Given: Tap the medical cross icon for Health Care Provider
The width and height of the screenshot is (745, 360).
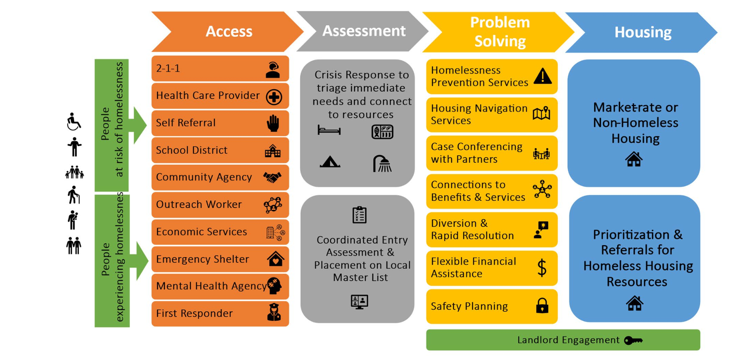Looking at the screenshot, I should point(274,97).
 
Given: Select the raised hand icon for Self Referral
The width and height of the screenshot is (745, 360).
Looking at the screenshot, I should point(273,123).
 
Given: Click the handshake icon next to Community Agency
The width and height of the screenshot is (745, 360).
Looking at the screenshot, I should point(272,177).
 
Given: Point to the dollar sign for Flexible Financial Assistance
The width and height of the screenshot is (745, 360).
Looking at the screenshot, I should point(542,268).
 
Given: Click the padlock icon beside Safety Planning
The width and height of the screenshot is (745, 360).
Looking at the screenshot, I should point(542,306).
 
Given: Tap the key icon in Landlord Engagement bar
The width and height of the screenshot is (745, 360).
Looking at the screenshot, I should point(633,340).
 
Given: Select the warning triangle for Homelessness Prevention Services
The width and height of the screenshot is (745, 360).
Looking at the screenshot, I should point(543,76).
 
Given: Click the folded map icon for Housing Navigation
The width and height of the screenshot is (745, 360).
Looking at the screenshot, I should point(542,114).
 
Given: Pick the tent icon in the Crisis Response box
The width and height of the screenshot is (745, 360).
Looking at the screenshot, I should point(330,162).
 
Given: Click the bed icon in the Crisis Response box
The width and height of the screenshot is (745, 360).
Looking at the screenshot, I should point(329,130).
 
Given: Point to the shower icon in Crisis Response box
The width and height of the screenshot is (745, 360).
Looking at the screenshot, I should point(382,164).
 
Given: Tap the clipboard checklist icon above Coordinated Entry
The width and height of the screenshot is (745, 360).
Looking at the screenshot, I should point(359,215).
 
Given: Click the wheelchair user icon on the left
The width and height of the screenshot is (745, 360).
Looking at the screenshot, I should point(74,122).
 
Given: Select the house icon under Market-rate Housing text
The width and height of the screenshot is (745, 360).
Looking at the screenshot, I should point(634,159).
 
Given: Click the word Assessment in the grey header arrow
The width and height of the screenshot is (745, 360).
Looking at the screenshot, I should point(364,31).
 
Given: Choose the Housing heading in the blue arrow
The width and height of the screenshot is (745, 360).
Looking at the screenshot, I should point(643,32).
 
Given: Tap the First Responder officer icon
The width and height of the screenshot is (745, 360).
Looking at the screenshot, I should point(274,312).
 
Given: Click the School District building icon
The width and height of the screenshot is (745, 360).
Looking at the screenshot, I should point(273,151).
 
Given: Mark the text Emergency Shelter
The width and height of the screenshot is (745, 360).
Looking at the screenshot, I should point(202,259).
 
